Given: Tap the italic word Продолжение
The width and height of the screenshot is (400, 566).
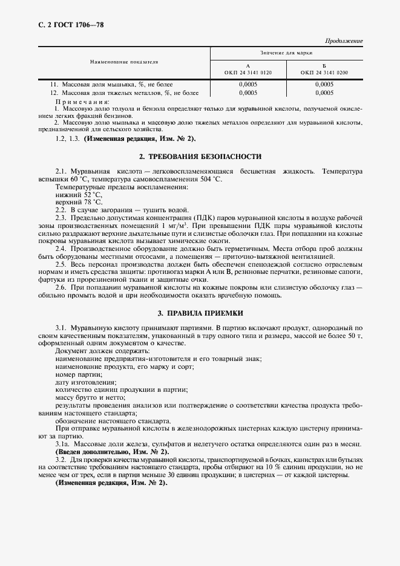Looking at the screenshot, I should click(344, 41).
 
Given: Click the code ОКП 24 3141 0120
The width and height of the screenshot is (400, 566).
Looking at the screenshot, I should click(248, 73).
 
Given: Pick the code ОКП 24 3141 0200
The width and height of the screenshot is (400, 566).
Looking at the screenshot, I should click(324, 73).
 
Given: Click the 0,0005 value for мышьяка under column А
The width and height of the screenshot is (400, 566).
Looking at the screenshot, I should click(248, 84).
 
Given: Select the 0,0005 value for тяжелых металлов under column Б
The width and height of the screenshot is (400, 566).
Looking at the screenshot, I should click(324, 93).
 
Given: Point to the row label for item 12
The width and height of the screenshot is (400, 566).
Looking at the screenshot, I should click(124, 93).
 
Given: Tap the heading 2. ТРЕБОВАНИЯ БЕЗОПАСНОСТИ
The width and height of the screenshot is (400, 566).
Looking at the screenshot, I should click(200, 157).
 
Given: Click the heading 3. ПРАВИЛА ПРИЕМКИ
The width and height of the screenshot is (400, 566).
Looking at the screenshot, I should click(200, 314).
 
